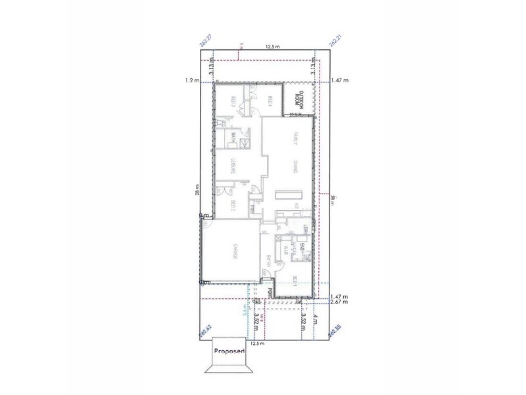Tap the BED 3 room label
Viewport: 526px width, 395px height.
[x=233, y=103]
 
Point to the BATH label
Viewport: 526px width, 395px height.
[x=233, y=138]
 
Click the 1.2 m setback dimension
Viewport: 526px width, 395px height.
[x=191, y=80]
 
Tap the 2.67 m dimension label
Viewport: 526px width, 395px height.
[x=340, y=303]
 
